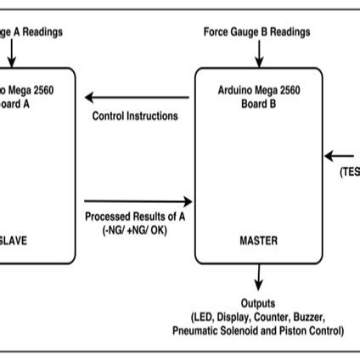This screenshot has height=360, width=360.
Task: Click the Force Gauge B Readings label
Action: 256,31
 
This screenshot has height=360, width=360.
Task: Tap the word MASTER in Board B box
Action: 260,241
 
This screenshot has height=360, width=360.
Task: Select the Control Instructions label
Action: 136,116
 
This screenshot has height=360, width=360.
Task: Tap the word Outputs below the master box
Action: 258,303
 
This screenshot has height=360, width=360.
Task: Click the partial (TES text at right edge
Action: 349,170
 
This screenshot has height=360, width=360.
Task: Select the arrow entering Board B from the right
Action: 340,155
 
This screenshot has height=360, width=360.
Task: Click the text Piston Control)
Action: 309,330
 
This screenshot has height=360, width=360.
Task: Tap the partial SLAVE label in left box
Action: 14,241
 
